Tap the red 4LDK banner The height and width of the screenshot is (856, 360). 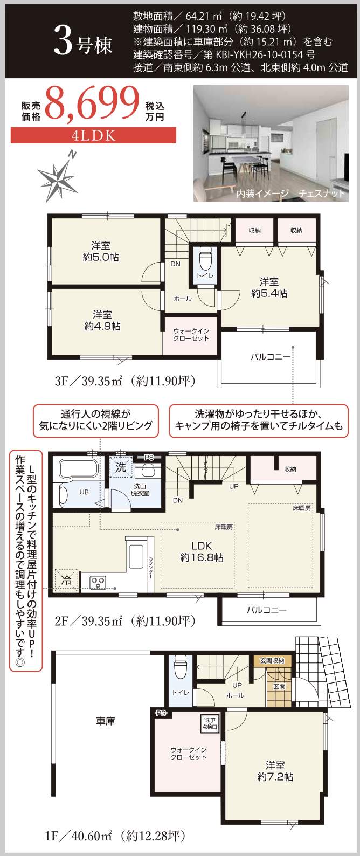93,135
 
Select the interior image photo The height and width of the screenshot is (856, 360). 271,143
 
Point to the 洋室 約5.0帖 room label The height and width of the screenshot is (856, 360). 101,252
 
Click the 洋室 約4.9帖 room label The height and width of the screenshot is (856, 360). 102,320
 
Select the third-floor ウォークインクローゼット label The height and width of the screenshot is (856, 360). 191,334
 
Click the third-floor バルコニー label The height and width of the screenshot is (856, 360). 270,357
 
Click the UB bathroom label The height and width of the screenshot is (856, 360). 84,492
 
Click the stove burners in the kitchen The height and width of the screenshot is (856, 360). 98,582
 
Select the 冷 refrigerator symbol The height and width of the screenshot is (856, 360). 66,581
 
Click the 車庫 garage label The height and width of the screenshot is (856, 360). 106,721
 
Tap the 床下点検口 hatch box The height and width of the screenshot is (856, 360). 209,722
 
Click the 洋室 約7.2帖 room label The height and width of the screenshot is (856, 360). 275,771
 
